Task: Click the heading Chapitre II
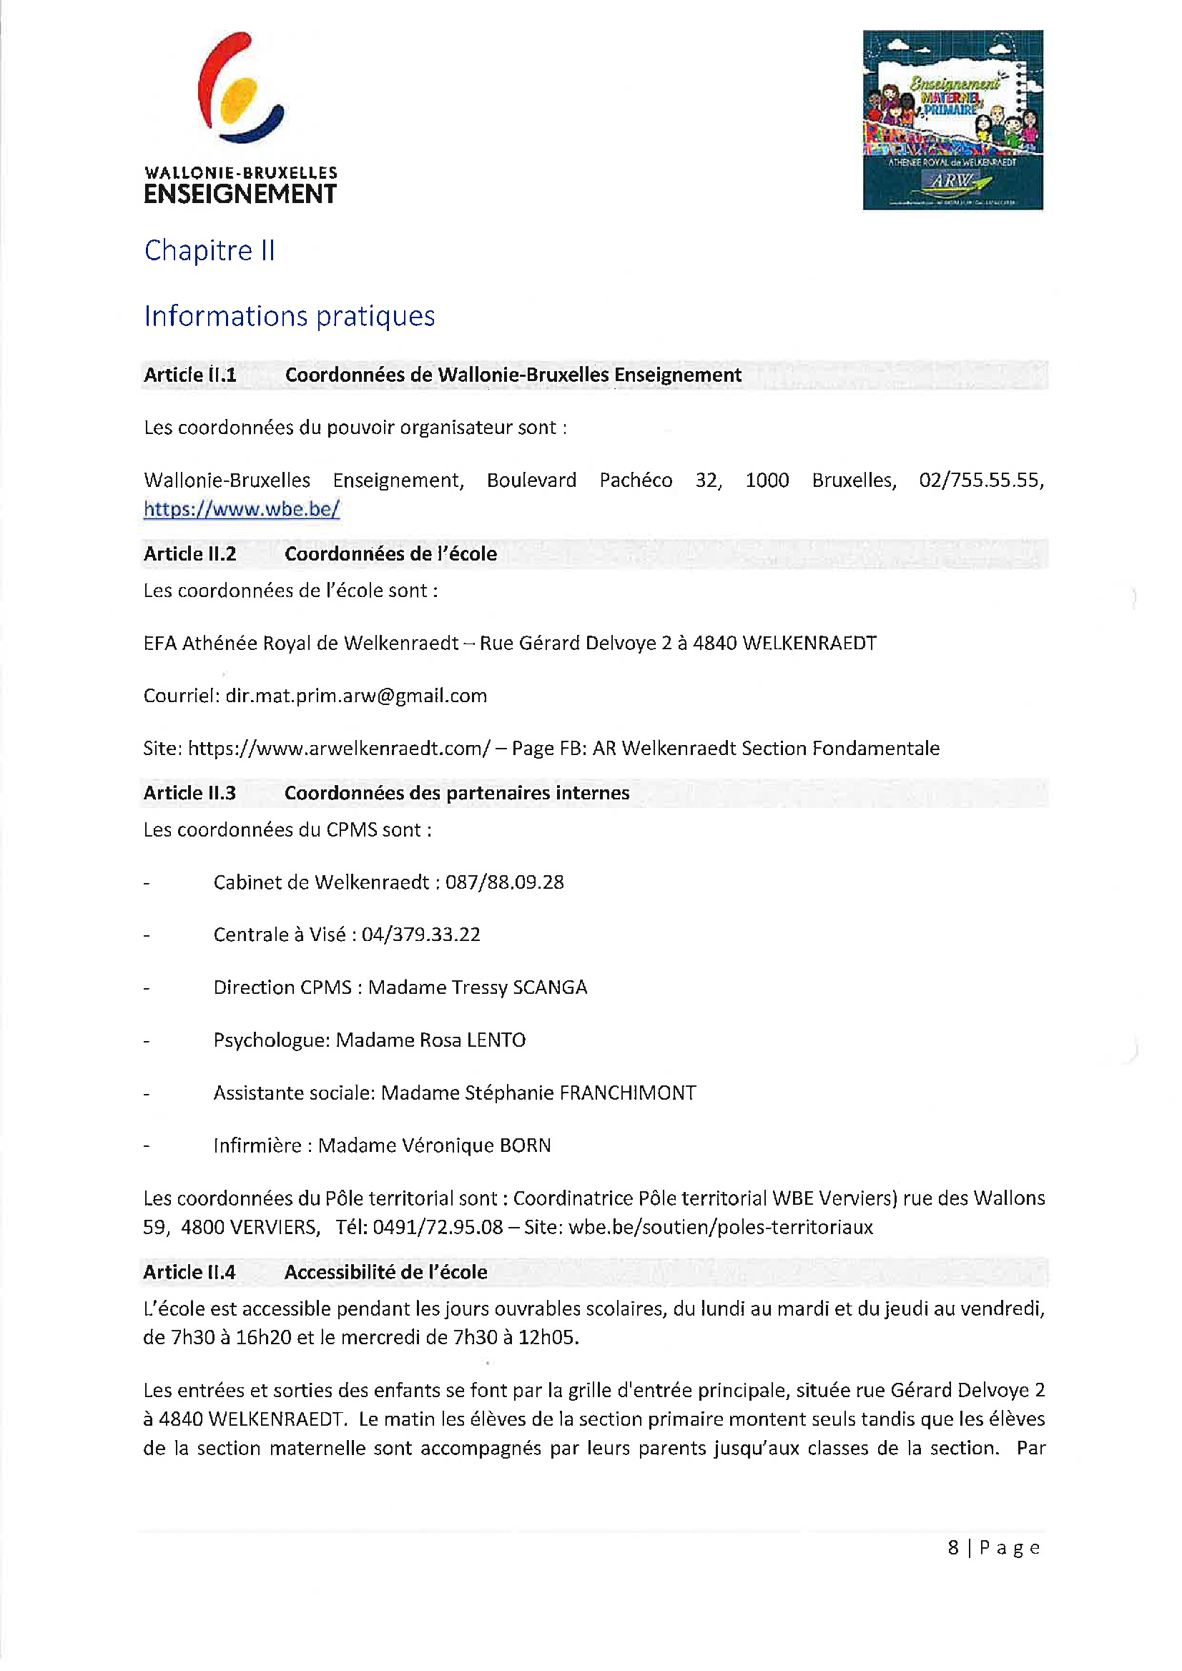[210, 250]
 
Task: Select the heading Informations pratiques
[289, 316]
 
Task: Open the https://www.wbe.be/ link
[242, 508]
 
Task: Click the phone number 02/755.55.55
[981, 480]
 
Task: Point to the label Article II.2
[189, 554]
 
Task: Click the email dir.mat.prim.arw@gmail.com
[356, 696]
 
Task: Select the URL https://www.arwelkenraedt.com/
[339, 748]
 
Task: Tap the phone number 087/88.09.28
[504, 882]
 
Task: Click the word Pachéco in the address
[636, 480]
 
